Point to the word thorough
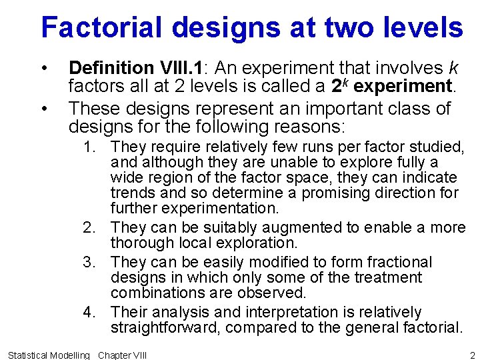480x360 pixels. (x=140, y=243)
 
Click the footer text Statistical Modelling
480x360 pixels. (x=48, y=355)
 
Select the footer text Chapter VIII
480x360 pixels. (x=122, y=355)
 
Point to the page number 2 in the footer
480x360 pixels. (x=472, y=355)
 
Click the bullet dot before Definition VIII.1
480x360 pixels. (x=44, y=69)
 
